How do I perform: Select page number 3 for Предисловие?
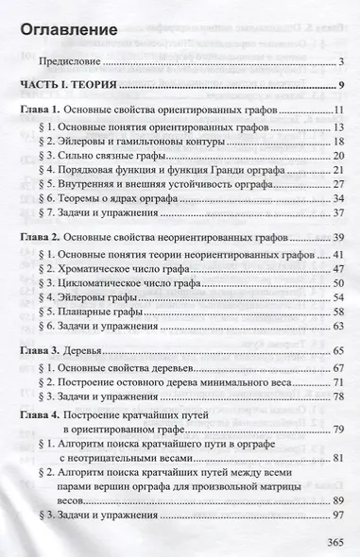coord(337,63)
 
